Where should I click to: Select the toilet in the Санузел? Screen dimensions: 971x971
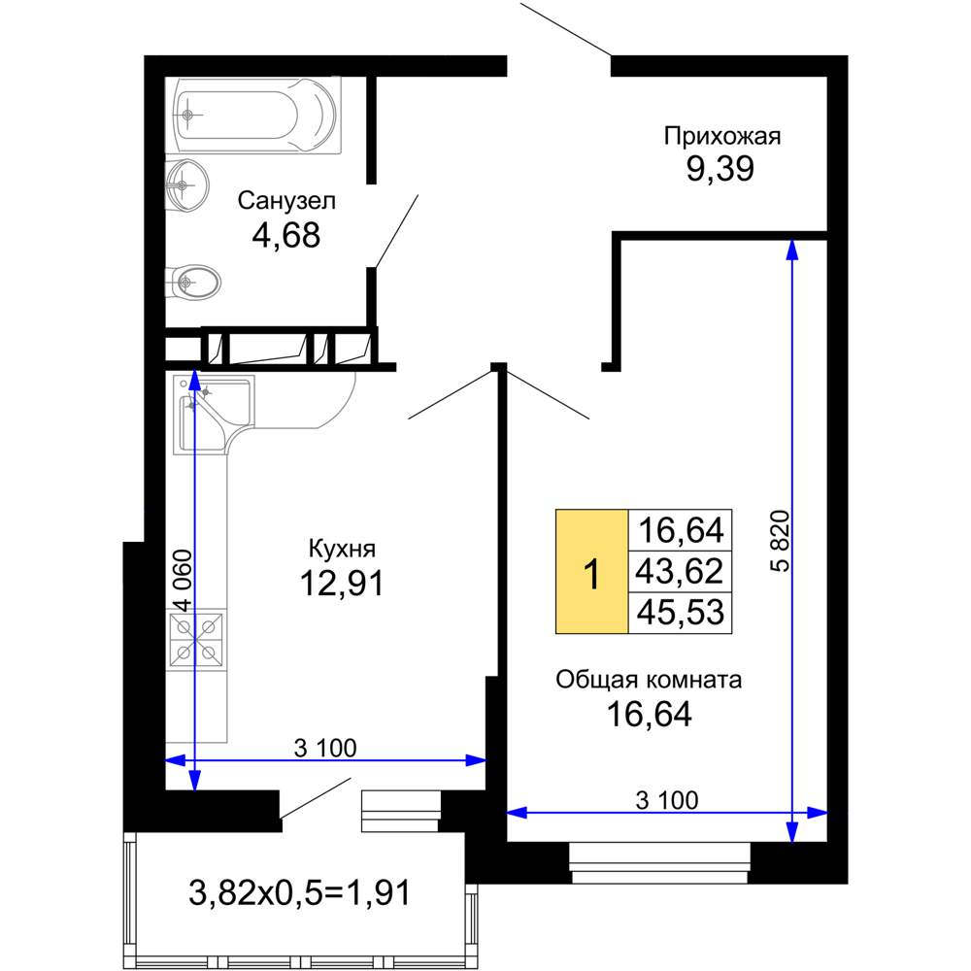[x=192, y=284]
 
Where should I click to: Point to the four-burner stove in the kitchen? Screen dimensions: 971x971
[x=196, y=640]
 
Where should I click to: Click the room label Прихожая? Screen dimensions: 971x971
[x=722, y=136]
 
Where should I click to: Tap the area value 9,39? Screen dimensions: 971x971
[x=720, y=168]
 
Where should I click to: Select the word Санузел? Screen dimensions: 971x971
[x=286, y=201]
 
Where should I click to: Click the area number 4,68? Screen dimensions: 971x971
[x=286, y=235]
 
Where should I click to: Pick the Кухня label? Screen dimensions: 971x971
[x=342, y=549]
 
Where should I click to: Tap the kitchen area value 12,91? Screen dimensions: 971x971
[x=342, y=583]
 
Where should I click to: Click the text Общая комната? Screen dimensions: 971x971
[x=649, y=680]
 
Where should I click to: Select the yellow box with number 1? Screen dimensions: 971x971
[x=592, y=572]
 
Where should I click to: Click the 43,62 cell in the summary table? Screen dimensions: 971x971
[x=680, y=571]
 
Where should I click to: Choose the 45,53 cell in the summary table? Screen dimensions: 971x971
[x=680, y=613]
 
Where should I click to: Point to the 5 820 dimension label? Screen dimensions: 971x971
[x=782, y=541]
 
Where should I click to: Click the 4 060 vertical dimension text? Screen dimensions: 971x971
[x=184, y=581]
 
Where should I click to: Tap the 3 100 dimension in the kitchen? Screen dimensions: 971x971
[x=325, y=748]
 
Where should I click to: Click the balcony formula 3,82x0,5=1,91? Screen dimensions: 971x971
[x=299, y=893]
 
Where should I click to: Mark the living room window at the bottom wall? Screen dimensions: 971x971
[x=659, y=862]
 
